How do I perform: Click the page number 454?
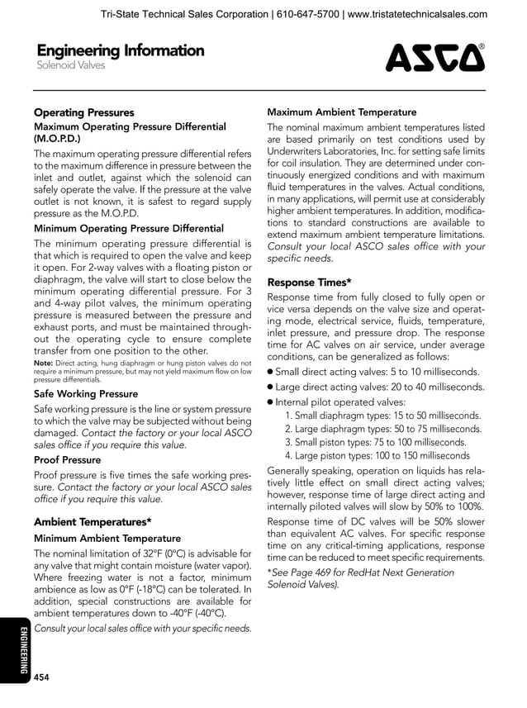pos(41,677)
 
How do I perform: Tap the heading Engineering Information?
pos(119,50)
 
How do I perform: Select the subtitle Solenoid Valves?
pos(70,66)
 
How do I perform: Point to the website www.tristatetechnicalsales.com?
pos(416,14)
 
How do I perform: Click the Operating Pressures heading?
pos(83,112)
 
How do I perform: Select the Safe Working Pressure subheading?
pos(86,394)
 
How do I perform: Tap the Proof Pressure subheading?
pos(67,459)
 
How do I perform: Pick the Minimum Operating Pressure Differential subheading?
pos(128,228)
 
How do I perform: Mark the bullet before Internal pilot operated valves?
pos(270,402)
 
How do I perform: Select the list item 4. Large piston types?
pos(377,456)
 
